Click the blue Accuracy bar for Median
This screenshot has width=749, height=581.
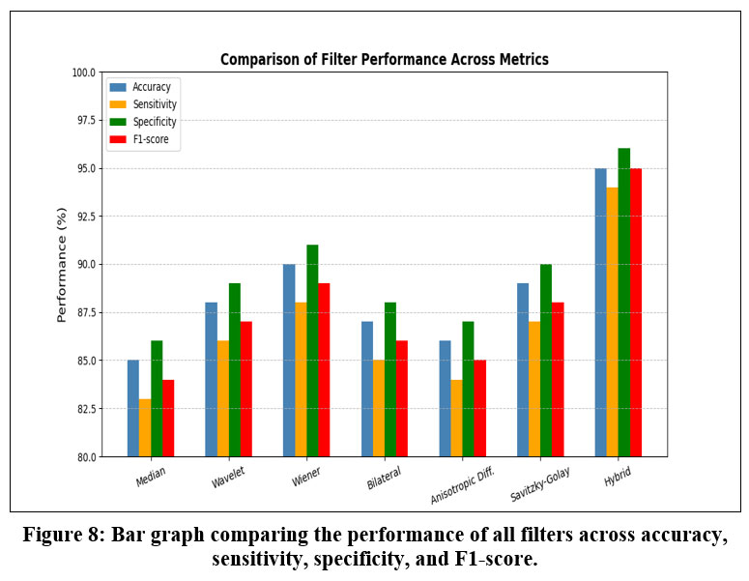coord(133,408)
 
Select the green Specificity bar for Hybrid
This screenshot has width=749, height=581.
coord(624,302)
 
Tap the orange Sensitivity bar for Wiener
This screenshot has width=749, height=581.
coord(301,379)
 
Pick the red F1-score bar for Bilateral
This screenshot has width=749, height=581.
coord(402,398)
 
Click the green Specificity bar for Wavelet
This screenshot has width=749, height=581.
coord(235,369)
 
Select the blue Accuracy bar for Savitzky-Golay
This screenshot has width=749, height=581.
coord(523,369)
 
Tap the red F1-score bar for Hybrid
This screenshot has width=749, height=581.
coord(636,311)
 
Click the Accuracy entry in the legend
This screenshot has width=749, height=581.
coord(151,87)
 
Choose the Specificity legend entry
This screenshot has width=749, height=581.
coord(154,122)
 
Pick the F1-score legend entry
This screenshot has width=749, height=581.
coord(150,140)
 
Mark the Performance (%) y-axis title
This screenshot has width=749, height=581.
coord(62,264)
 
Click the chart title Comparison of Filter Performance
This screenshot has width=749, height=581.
coord(384,59)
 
